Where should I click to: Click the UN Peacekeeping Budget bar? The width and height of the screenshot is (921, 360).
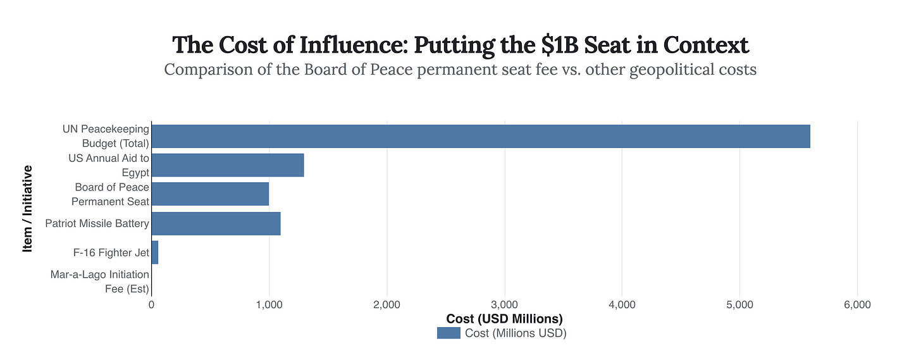click(x=481, y=136)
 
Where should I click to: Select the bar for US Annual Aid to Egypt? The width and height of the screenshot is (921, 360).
click(x=228, y=165)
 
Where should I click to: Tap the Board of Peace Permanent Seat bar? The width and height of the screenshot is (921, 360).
click(x=210, y=194)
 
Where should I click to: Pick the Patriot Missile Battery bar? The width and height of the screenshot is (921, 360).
click(x=216, y=223)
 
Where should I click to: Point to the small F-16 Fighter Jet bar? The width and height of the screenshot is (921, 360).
click(x=155, y=252)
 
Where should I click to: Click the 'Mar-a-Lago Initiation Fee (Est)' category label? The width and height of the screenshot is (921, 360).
click(x=100, y=282)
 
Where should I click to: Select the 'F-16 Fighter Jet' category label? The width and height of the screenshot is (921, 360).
click(x=111, y=253)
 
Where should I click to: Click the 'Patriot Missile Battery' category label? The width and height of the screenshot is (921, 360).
click(x=97, y=223)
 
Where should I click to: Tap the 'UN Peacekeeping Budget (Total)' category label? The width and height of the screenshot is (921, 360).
click(x=106, y=136)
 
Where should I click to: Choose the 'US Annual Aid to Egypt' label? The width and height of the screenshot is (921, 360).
click(x=109, y=165)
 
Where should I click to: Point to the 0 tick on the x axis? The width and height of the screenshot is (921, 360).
click(x=152, y=304)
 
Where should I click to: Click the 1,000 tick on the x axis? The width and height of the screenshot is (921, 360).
click(x=269, y=304)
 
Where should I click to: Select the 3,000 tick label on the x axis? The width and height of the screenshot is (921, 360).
click(x=504, y=304)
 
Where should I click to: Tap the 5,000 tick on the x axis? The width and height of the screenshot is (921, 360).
click(x=739, y=304)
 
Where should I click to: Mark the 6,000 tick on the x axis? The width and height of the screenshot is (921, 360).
click(x=857, y=304)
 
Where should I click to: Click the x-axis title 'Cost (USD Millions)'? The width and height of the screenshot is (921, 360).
click(x=504, y=318)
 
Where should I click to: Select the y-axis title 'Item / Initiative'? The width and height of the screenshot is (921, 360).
click(x=27, y=209)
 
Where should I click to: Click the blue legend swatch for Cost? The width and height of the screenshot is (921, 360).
click(x=448, y=333)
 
